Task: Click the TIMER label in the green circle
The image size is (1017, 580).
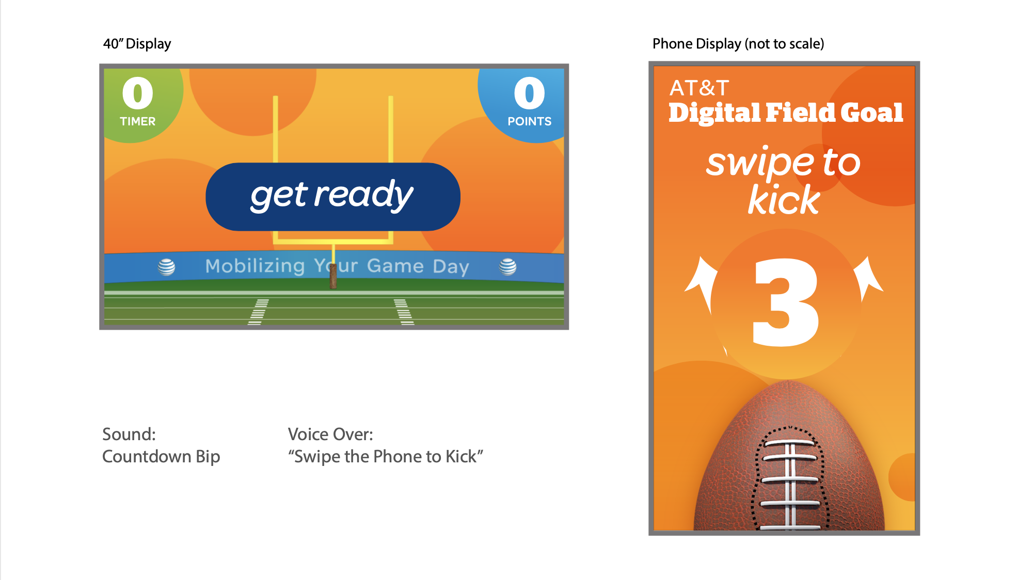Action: pyautogui.click(x=137, y=121)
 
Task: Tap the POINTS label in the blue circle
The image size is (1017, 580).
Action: pyautogui.click(x=529, y=121)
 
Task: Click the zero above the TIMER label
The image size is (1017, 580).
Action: pyautogui.click(x=137, y=93)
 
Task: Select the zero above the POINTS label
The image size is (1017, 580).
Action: pyautogui.click(x=529, y=93)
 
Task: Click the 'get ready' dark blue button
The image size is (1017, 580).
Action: pyautogui.click(x=333, y=197)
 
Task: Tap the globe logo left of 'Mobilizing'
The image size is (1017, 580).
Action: pyautogui.click(x=166, y=267)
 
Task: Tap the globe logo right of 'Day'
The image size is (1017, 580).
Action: pyautogui.click(x=507, y=266)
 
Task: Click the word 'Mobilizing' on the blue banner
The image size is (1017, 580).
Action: pyautogui.click(x=255, y=266)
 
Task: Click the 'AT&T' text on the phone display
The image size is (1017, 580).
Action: pyautogui.click(x=699, y=88)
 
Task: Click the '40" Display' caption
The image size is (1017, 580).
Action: pyautogui.click(x=137, y=44)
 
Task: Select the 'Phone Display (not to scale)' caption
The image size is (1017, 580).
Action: pyautogui.click(x=738, y=44)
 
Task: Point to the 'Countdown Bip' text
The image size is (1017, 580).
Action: pyautogui.click(x=161, y=457)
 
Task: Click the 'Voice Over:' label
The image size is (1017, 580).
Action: pyautogui.click(x=330, y=434)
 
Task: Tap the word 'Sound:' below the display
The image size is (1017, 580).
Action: pyautogui.click(x=129, y=434)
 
